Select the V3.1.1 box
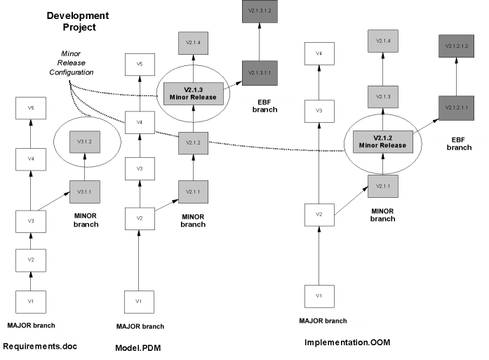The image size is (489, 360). [84, 191]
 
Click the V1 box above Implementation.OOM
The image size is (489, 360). [319, 295]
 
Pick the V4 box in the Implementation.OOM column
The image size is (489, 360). [319, 53]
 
